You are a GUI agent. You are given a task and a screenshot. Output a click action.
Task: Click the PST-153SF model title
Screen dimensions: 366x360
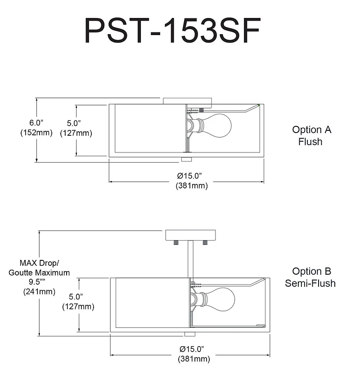[x=173, y=31]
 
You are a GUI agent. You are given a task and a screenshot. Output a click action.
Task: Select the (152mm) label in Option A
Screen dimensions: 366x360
[x=36, y=133]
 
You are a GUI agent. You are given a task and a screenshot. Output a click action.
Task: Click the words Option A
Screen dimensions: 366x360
[x=311, y=130]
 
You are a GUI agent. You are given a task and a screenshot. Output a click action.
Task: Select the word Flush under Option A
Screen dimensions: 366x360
[x=310, y=142]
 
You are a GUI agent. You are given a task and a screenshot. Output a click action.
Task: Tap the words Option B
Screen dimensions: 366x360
[x=311, y=271]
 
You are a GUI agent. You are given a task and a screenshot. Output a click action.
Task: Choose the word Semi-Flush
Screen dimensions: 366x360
[x=310, y=283]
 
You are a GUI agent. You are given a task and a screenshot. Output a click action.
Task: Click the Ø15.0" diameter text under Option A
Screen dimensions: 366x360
[x=192, y=175]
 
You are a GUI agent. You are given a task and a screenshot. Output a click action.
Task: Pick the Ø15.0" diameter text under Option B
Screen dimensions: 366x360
[x=193, y=349]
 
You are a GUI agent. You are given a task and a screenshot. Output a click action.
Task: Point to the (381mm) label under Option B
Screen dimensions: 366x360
[x=193, y=359]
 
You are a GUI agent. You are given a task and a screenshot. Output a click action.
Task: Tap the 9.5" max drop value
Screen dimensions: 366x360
[x=39, y=282]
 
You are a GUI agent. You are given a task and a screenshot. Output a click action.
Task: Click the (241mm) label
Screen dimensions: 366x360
[x=39, y=291]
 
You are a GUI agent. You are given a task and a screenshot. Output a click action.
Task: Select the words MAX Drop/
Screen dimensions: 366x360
[x=39, y=263]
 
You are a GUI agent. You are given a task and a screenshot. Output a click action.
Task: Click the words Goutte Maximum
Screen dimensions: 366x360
[x=39, y=272]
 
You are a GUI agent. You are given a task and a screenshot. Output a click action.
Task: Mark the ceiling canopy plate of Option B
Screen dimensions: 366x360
[x=191, y=235]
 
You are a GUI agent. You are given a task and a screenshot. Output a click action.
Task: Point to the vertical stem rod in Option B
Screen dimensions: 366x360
[x=191, y=259]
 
